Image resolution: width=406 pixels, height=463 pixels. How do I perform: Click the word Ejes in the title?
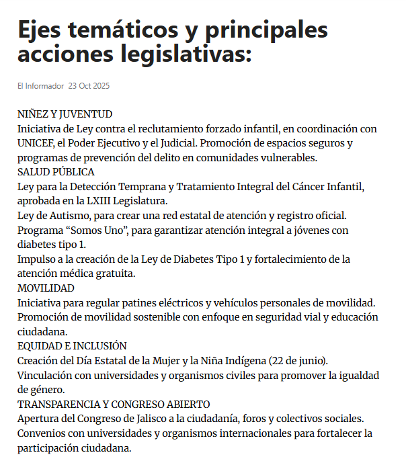[x=44, y=30]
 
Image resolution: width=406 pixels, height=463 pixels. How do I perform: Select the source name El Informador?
[x=41, y=86]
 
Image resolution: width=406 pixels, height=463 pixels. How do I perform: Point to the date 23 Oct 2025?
[x=89, y=86]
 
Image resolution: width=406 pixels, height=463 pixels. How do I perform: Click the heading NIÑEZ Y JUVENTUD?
[x=65, y=114]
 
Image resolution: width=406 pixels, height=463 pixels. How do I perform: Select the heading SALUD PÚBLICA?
[x=56, y=172]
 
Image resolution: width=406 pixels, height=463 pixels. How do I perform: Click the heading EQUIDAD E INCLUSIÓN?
[x=72, y=345]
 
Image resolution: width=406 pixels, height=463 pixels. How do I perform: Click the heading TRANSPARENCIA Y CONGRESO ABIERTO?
[x=114, y=404]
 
